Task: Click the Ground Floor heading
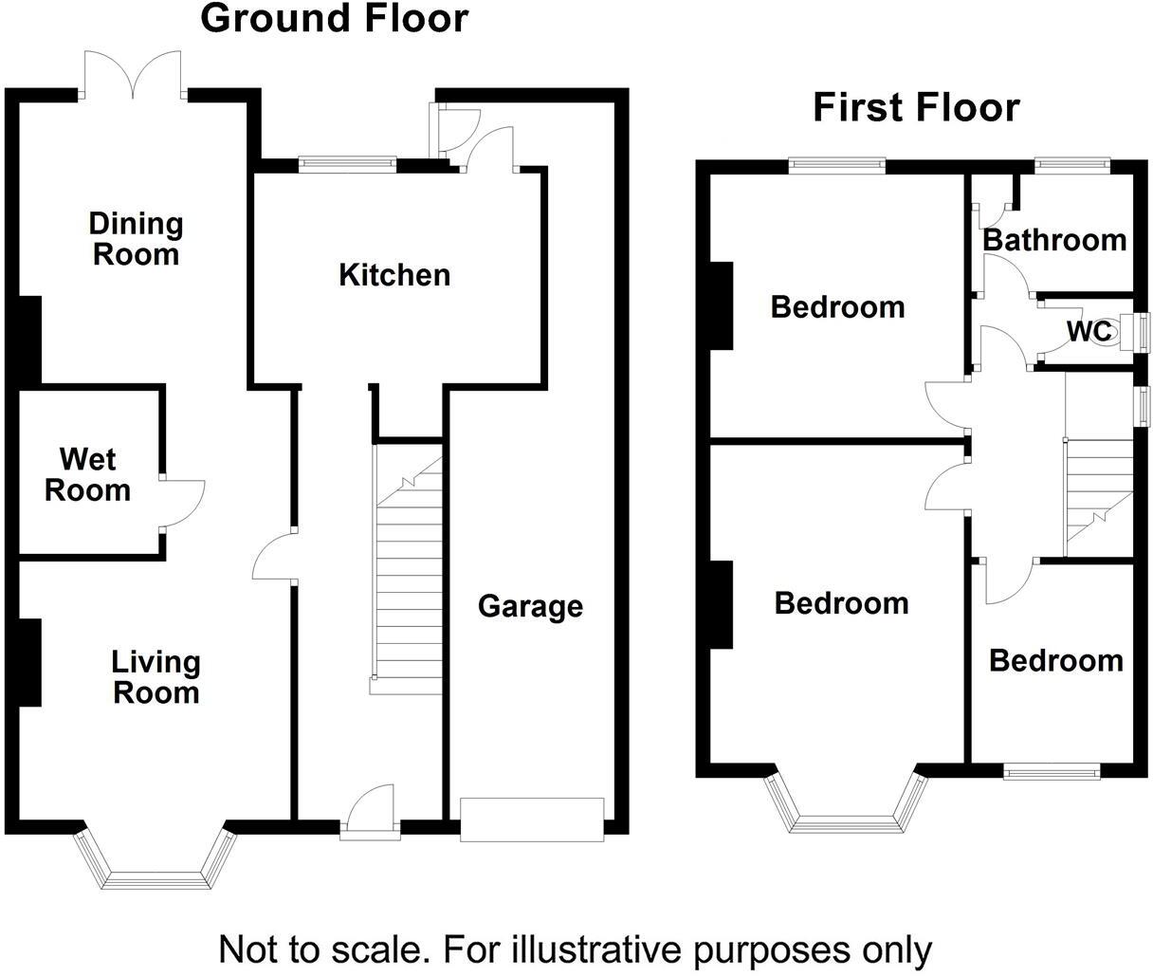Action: tap(335, 19)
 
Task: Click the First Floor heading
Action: tap(916, 107)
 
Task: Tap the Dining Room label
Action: tap(135, 239)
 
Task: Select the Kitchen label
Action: tap(394, 275)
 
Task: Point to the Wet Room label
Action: tap(87, 474)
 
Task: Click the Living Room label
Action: tap(156, 676)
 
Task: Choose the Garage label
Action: tap(530, 605)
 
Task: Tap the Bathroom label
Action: tap(1054, 240)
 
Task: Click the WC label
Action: tap(1089, 332)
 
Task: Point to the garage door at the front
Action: tap(531, 819)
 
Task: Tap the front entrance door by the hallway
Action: tap(370, 811)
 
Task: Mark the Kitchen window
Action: tap(347, 163)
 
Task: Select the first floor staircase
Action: tap(1100, 493)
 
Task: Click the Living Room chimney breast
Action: tap(29, 662)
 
